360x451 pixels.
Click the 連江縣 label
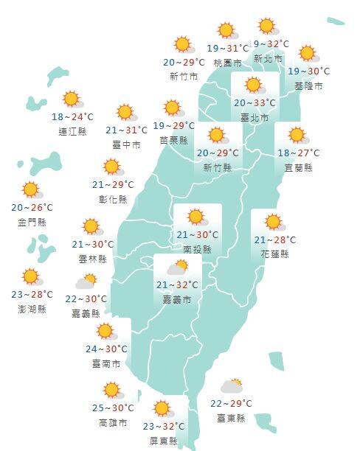tap(72, 131)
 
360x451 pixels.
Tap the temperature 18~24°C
tap(72, 117)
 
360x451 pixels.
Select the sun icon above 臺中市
tap(126, 112)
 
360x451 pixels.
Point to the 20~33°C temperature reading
tap(255, 103)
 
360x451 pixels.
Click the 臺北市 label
tap(255, 117)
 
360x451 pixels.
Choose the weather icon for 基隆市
tap(308, 54)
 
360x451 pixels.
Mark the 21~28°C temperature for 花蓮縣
tap(275, 240)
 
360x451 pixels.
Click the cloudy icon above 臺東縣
tap(232, 386)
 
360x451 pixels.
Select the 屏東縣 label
tap(164, 440)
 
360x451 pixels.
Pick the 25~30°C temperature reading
tap(113, 408)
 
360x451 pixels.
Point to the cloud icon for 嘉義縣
tap(86, 282)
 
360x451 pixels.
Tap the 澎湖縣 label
tap(32, 309)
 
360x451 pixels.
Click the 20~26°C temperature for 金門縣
tap(32, 207)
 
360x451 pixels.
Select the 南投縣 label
tap(197, 250)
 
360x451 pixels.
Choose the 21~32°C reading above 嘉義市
tap(177, 285)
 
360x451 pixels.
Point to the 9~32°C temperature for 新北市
tap(271, 43)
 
